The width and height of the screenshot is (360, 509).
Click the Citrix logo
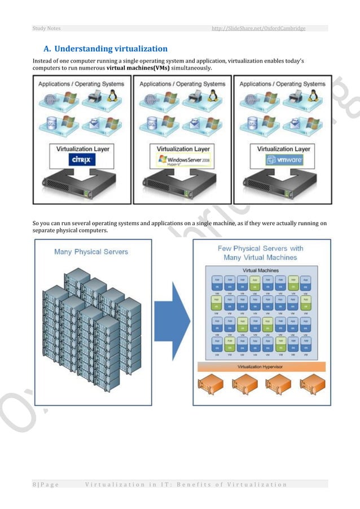pyautogui.click(x=83, y=160)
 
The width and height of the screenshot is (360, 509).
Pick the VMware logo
pyautogui.click(x=282, y=160)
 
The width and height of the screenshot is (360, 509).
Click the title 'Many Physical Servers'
pyautogui.click(x=91, y=252)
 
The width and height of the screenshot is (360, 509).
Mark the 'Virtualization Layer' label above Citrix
pyautogui.click(x=82, y=149)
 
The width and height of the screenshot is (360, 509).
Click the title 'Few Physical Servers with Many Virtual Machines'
pyautogui.click(x=260, y=253)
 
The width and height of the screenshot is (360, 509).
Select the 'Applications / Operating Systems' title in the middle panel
pyautogui.click(x=182, y=84)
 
